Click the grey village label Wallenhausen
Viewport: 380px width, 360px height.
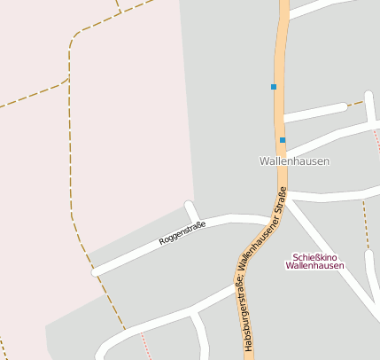294,161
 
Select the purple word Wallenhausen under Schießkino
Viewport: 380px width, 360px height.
314,266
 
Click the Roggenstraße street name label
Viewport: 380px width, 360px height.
182,234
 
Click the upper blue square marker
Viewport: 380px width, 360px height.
274,87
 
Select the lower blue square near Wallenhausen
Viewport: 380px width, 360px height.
283,140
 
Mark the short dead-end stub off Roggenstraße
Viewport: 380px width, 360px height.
191,211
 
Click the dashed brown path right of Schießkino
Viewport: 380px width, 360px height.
365,226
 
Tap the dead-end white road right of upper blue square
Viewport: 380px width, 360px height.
314,111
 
